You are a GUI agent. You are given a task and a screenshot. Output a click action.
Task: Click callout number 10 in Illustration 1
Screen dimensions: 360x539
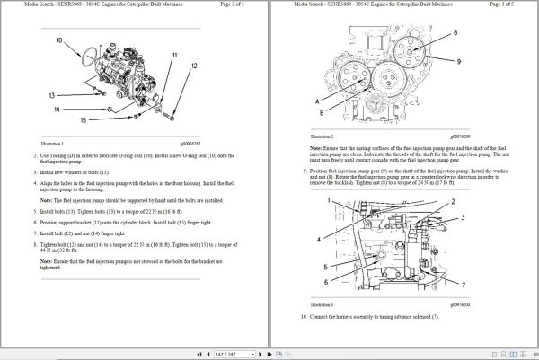tap(60, 40)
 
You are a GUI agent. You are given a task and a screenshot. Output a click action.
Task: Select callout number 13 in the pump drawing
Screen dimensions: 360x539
tap(53, 94)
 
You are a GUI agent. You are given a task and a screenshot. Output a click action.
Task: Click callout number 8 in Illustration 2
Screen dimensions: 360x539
tap(455, 33)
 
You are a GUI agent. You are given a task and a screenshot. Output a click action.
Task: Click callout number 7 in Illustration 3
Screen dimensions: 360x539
tap(461, 285)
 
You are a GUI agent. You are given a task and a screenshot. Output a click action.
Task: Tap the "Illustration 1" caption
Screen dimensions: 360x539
tap(57, 143)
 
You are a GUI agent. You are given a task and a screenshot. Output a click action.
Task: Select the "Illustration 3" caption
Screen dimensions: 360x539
tap(323, 306)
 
